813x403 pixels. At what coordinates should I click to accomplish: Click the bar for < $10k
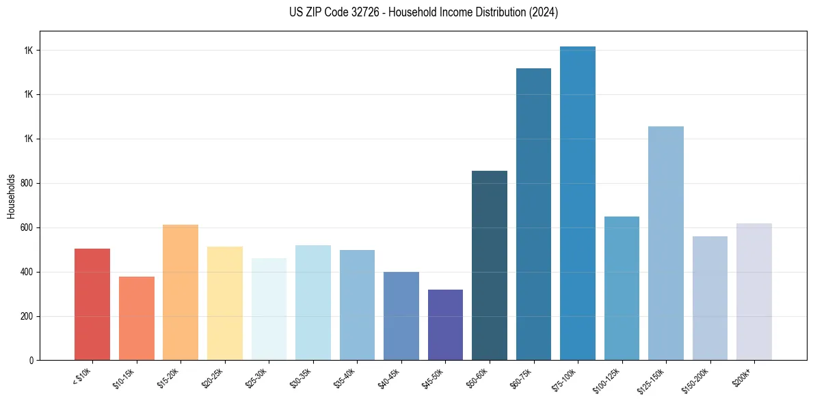pos(92,304)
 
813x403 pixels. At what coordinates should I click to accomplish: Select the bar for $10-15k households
pos(137,318)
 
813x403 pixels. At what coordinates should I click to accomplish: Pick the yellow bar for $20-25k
pos(225,303)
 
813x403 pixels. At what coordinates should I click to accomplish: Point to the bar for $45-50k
pos(445,324)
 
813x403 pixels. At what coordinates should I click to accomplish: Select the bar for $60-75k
pos(533,214)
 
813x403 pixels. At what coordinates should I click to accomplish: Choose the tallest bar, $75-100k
pos(578,203)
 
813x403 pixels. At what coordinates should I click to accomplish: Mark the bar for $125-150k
pos(666,243)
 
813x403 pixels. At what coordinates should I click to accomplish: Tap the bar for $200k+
pos(754,292)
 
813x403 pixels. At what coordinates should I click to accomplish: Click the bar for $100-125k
pos(622,288)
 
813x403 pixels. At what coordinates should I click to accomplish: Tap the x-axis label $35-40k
pos(347,376)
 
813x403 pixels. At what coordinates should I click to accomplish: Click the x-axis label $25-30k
pos(258,376)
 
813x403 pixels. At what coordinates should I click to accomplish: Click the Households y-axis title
pos(11,196)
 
